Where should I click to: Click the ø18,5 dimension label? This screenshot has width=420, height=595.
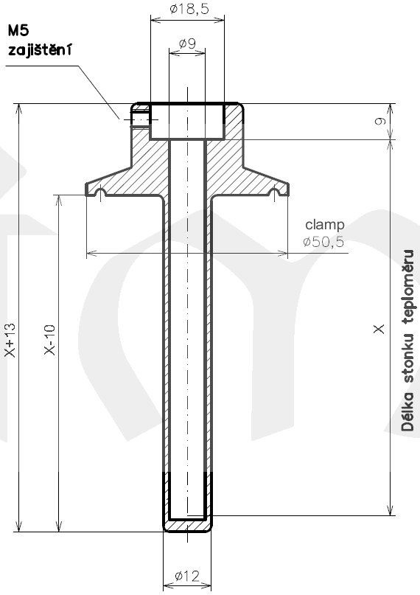(x=187, y=10)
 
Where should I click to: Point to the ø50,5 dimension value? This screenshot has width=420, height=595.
(x=323, y=241)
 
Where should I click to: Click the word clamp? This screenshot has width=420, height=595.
(x=324, y=224)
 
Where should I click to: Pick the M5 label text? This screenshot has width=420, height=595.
(x=20, y=31)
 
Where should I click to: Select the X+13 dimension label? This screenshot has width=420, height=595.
(x=9, y=340)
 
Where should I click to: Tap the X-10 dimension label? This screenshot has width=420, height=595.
(x=49, y=340)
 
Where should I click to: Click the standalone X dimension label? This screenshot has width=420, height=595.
(x=379, y=330)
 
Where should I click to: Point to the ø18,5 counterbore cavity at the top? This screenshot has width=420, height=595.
(x=186, y=122)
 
